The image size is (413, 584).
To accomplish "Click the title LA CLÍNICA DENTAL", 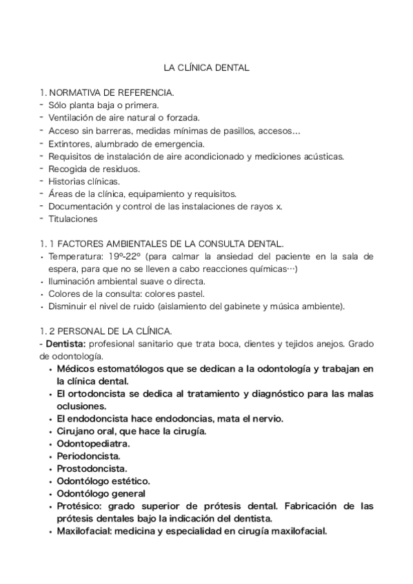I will tap(206, 68).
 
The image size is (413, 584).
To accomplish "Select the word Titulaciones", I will tap(73, 220).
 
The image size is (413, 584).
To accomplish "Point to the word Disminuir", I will tap(71, 307).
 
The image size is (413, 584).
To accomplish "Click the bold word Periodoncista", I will tap(89, 456).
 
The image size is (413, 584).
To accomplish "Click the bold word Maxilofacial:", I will tap(85, 532).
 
